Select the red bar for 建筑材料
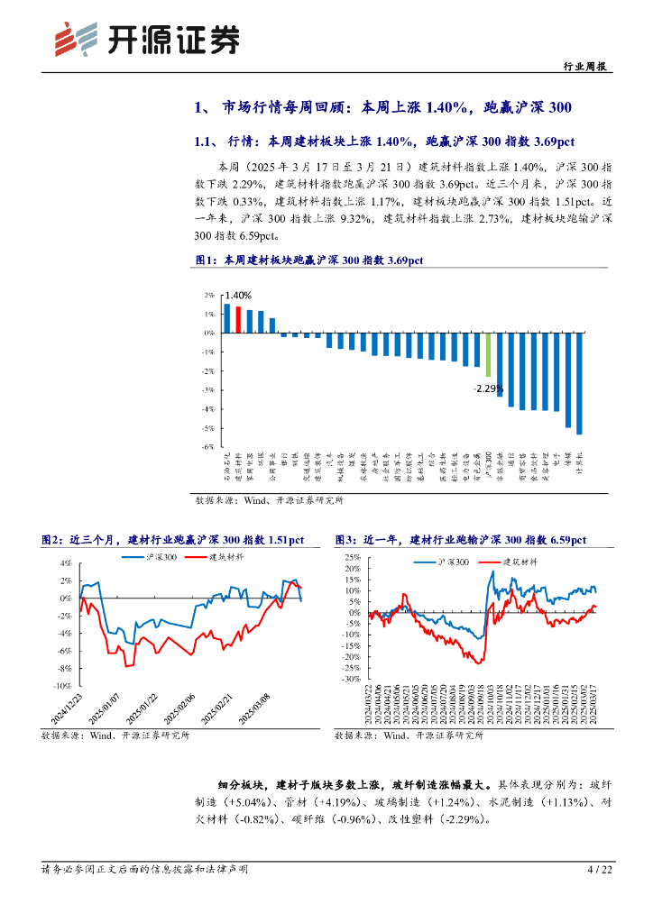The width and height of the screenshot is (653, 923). (x=238, y=320)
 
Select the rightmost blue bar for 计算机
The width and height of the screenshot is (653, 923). (x=579, y=383)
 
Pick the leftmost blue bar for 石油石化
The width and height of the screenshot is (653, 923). (x=226, y=318)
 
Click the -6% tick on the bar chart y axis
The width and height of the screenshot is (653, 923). (x=207, y=447)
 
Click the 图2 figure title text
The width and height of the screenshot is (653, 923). (x=172, y=540)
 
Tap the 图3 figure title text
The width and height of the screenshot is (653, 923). (x=460, y=540)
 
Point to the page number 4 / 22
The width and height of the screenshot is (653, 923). (x=599, y=870)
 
